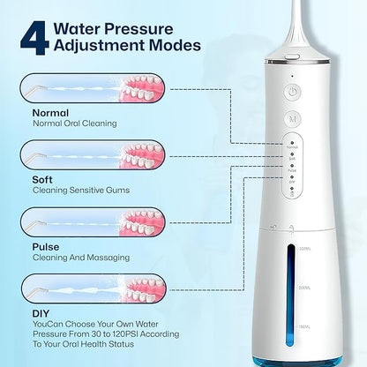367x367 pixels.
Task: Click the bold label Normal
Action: pos(51,113)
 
